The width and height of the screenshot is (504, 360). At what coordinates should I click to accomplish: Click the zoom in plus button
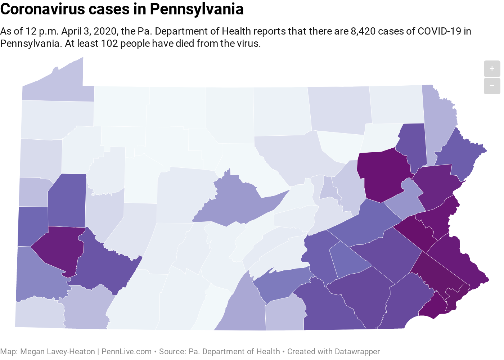coord(492,68)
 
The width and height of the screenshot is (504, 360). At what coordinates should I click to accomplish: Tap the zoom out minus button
coord(492,86)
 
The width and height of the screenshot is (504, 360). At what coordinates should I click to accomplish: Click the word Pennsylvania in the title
coord(197,9)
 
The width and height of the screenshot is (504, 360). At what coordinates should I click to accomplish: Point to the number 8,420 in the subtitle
coord(364,31)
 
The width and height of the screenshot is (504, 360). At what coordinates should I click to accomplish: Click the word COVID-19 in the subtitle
coord(439,31)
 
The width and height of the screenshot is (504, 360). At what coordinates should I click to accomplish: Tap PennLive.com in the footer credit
coord(126,351)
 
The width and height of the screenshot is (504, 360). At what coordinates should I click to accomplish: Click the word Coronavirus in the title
coord(43,9)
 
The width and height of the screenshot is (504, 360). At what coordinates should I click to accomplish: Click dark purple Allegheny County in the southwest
coord(58,248)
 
